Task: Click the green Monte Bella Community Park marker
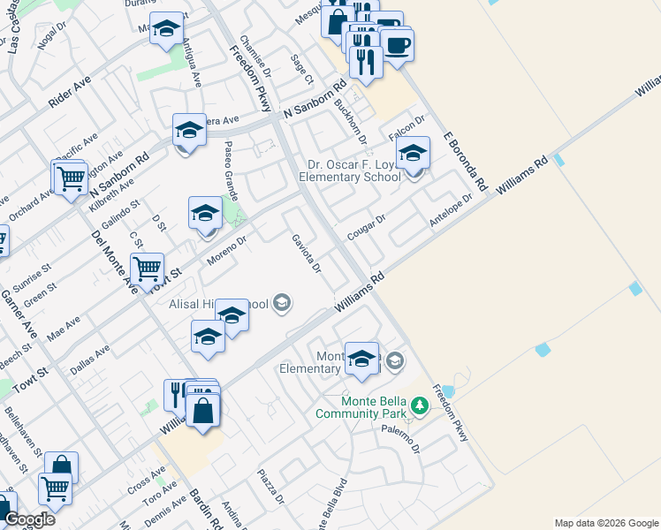(x=421, y=405)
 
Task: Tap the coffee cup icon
(x=397, y=44)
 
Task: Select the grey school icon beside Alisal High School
(x=282, y=305)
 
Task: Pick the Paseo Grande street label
(x=230, y=171)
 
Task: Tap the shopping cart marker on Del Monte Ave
(x=147, y=267)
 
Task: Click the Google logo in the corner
(x=29, y=519)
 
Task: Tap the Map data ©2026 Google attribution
(x=606, y=523)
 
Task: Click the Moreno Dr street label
(x=226, y=251)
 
